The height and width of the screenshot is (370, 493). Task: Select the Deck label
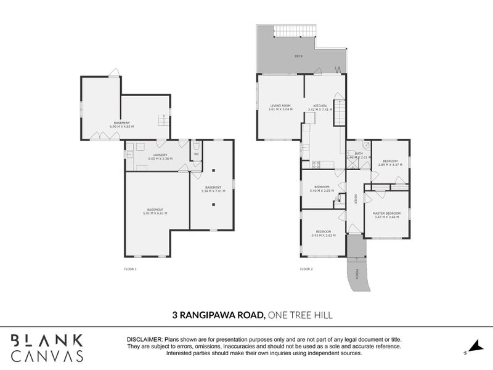click(298, 56)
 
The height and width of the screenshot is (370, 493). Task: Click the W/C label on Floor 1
click(196, 154)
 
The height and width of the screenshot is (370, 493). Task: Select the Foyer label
click(356, 199)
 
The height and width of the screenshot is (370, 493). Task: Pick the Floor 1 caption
click(131, 269)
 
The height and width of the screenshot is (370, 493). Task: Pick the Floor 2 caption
click(306, 269)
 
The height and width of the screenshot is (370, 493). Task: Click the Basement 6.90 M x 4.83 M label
click(121, 125)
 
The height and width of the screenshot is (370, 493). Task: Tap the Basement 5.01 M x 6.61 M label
click(155, 212)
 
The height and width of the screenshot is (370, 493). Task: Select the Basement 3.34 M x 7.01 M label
click(213, 189)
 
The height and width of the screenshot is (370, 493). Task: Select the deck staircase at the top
click(293, 32)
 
